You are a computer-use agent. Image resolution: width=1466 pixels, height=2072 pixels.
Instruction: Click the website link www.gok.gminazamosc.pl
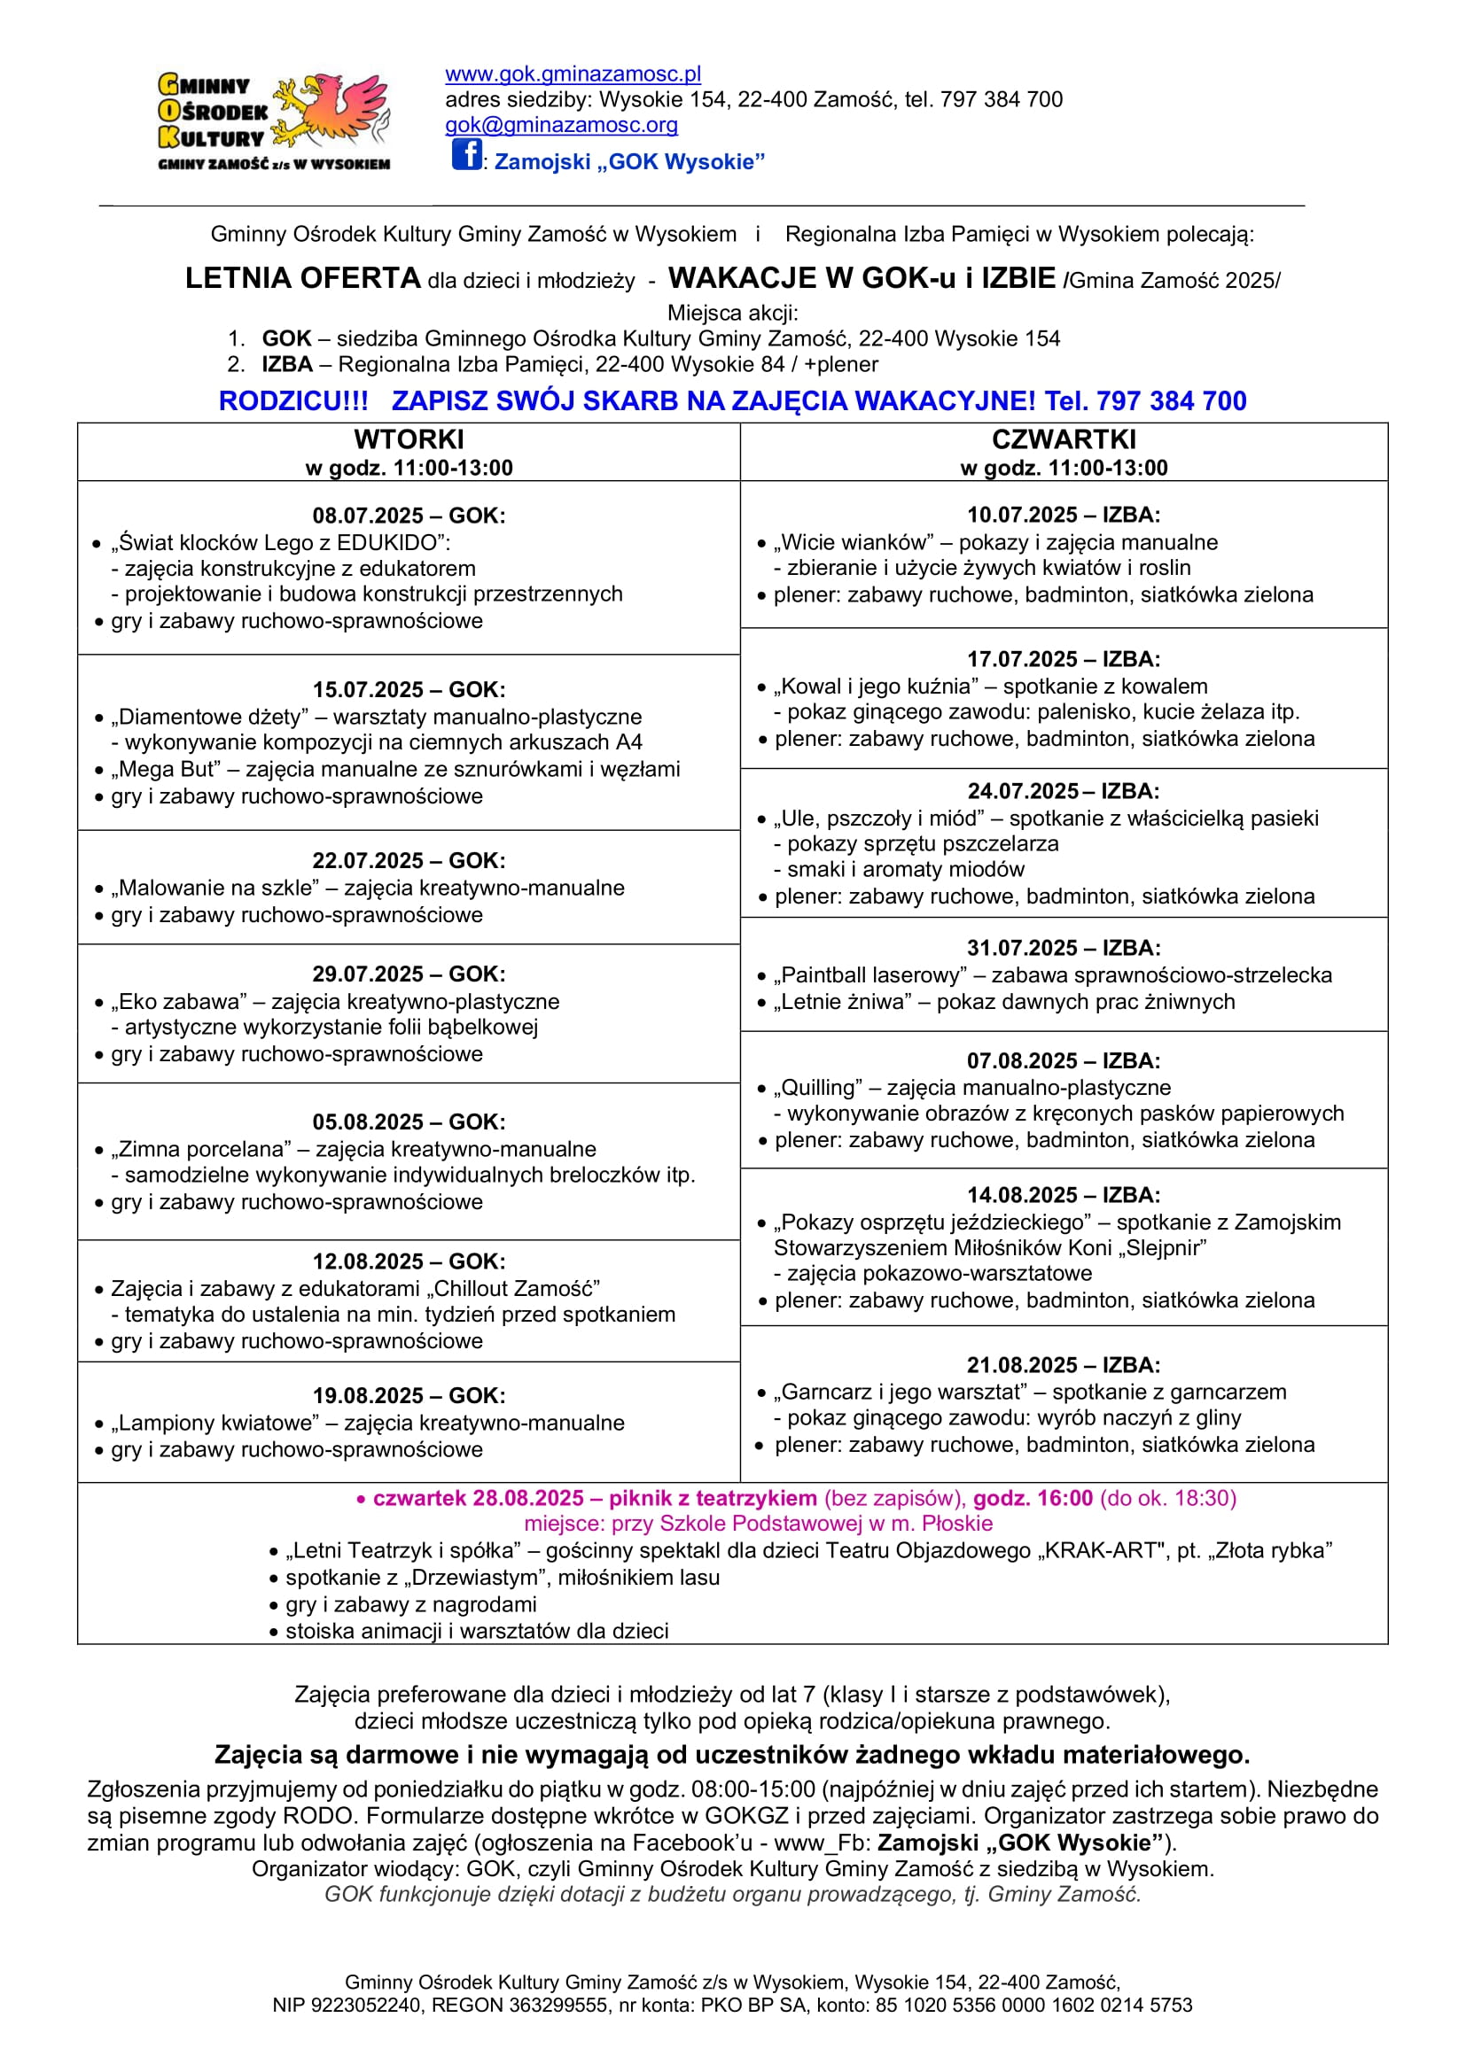click(x=573, y=74)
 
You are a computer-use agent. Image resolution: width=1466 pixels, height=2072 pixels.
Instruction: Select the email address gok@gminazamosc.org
click(x=560, y=126)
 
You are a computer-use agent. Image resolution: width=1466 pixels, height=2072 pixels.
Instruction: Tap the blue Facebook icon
click(x=466, y=154)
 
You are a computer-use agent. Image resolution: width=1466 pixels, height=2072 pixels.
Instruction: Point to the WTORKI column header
click(x=409, y=439)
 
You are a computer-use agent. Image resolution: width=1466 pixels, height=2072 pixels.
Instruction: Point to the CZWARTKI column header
click(x=1064, y=439)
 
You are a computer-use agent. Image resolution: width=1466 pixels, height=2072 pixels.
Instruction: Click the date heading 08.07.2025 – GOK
click(x=409, y=516)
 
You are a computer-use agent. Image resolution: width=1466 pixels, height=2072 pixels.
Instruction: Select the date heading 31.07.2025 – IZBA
click(x=1064, y=948)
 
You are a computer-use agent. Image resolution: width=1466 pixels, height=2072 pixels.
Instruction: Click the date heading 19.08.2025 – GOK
click(x=409, y=1395)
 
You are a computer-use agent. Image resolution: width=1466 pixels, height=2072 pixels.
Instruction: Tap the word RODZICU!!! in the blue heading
click(x=293, y=400)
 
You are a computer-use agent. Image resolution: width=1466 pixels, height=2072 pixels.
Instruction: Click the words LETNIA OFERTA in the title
click(x=302, y=278)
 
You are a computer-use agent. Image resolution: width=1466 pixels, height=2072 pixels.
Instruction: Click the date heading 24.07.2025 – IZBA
click(x=1064, y=791)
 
